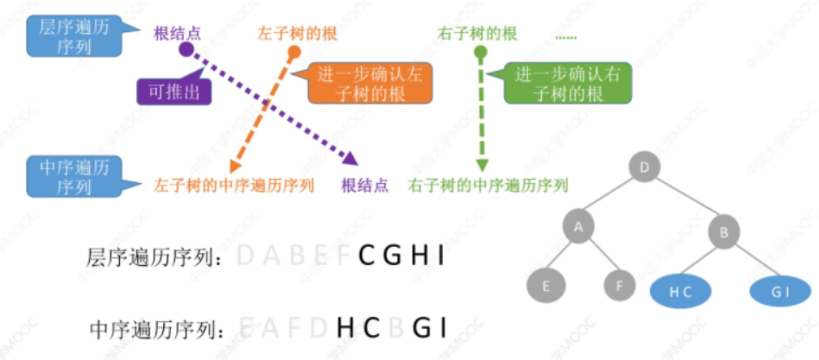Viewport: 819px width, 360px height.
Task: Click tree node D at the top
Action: tap(646, 167)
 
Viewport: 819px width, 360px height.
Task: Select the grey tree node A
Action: tap(578, 226)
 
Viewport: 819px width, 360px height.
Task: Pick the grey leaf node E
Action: tap(544, 287)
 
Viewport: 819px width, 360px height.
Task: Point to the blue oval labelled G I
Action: tap(780, 292)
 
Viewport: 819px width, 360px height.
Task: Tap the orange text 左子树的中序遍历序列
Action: tap(234, 185)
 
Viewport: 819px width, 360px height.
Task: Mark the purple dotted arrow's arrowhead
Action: tap(350, 157)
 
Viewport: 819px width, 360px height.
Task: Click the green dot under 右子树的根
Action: tap(481, 53)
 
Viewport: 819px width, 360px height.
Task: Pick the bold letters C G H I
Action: tap(402, 256)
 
